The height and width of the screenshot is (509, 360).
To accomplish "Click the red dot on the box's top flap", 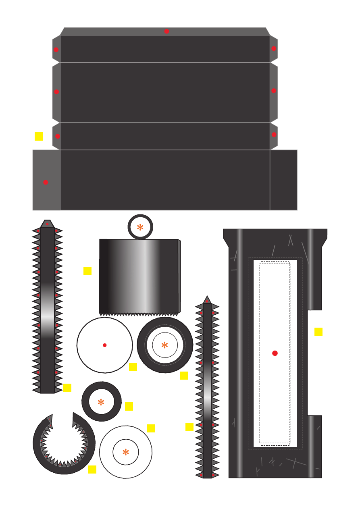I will [166, 31].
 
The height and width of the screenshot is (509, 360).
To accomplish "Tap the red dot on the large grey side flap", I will [46, 182].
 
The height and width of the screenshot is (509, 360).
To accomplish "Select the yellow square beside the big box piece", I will [39, 136].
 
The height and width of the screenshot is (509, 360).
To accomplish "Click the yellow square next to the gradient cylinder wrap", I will [87, 271].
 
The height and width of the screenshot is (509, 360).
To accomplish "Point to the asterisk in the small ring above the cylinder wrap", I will [140, 227].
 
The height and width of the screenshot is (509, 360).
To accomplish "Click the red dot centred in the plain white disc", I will [105, 345].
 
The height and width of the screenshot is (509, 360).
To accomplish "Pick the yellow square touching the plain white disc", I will [133, 367].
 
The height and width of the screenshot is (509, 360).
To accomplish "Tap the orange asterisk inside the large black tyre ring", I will [164, 345].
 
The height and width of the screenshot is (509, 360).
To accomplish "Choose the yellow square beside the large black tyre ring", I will [184, 375].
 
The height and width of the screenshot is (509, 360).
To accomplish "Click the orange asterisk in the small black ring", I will [101, 402].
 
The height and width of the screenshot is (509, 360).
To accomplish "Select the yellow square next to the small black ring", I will [129, 406].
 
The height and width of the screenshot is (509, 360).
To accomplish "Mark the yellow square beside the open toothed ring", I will [92, 469].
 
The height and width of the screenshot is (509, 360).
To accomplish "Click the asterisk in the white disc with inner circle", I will [126, 453].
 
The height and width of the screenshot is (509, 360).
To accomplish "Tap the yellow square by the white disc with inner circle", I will [151, 428].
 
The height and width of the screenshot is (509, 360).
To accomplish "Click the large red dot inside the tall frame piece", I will [275, 353].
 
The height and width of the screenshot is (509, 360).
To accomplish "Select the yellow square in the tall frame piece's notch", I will [318, 332].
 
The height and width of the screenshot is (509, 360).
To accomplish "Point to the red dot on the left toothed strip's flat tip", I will [47, 224].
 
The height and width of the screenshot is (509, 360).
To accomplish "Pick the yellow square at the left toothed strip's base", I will [67, 387].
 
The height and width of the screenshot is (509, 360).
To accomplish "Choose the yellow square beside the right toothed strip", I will [189, 427].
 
